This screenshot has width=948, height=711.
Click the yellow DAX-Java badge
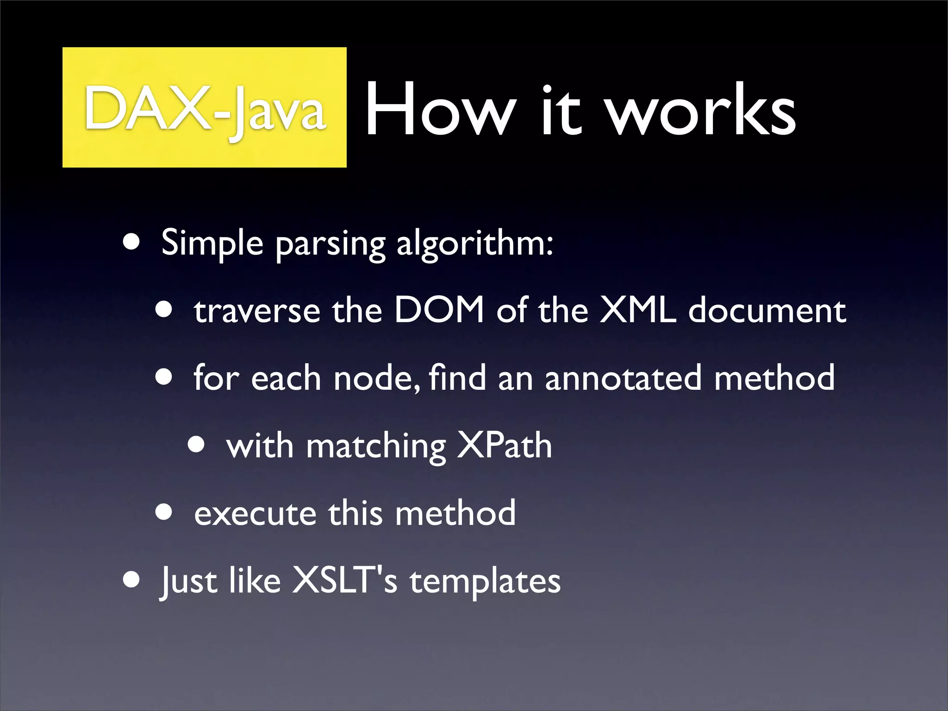coord(204,107)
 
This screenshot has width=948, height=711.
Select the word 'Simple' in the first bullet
coord(212,243)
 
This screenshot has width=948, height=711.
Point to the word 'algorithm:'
coord(475,243)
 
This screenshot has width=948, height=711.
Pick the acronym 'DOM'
coord(439,310)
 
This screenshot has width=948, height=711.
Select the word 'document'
coord(767,311)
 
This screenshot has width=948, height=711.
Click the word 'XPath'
coord(505,445)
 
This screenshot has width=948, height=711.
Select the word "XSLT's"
coord(344,580)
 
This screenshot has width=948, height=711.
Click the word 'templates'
coord(485,582)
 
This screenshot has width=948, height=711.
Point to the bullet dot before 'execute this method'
coord(164,512)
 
